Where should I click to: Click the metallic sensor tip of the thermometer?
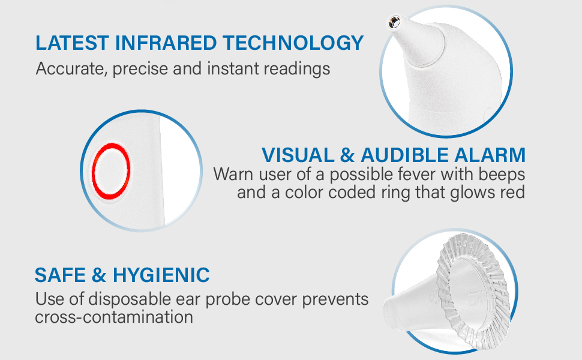point(394,22)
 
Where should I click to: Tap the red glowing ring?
point(111,170)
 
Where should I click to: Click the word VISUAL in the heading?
point(298,155)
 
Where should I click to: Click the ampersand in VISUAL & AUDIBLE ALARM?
point(347,155)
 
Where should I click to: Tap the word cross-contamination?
point(114,317)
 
